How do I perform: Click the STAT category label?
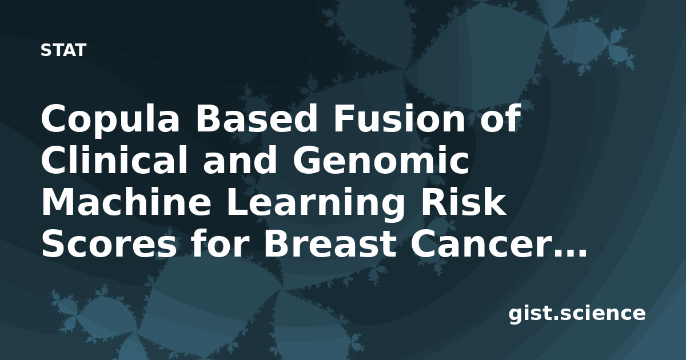point(63,50)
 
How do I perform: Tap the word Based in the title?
point(257,118)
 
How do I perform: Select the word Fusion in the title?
point(399,118)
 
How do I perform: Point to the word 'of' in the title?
point(500,118)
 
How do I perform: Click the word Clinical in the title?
point(114,161)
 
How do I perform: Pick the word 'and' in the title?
point(240,161)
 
